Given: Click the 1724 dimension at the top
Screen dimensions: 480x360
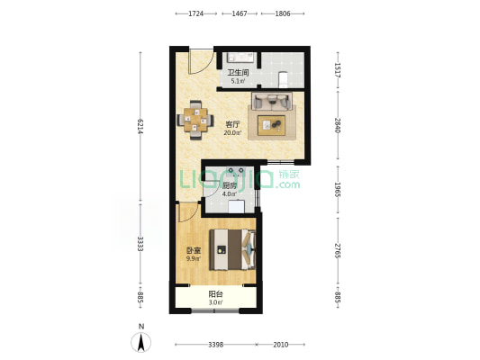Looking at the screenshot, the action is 196,13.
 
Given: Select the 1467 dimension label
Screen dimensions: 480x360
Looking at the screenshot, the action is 240,13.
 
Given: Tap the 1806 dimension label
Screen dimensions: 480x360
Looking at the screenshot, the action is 283,13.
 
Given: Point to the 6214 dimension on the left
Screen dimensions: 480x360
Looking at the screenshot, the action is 140,126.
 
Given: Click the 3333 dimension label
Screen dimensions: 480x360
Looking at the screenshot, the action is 140,244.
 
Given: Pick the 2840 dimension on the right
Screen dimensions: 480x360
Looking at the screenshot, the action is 338,125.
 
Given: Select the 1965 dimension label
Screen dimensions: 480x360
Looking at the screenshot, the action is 338,190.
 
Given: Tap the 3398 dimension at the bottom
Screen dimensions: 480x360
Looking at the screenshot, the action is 216,345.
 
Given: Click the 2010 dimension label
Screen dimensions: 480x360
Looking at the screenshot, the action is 281,345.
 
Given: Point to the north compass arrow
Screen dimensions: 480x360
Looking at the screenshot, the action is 141,342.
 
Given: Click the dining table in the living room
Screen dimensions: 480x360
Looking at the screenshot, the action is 195,120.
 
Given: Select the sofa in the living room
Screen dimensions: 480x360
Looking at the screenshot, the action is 272,101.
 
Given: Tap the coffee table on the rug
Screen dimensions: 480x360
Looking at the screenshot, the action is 272,125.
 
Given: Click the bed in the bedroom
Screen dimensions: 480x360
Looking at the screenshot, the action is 232,249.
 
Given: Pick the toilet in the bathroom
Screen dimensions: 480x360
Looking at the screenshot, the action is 283,79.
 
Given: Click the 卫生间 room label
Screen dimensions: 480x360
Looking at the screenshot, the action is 238,73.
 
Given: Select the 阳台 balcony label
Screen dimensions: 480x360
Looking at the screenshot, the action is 215,294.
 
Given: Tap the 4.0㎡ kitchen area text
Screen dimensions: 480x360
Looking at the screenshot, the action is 230,193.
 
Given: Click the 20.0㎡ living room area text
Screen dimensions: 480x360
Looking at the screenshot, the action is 232,132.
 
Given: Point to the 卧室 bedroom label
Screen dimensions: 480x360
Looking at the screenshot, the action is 194,251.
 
